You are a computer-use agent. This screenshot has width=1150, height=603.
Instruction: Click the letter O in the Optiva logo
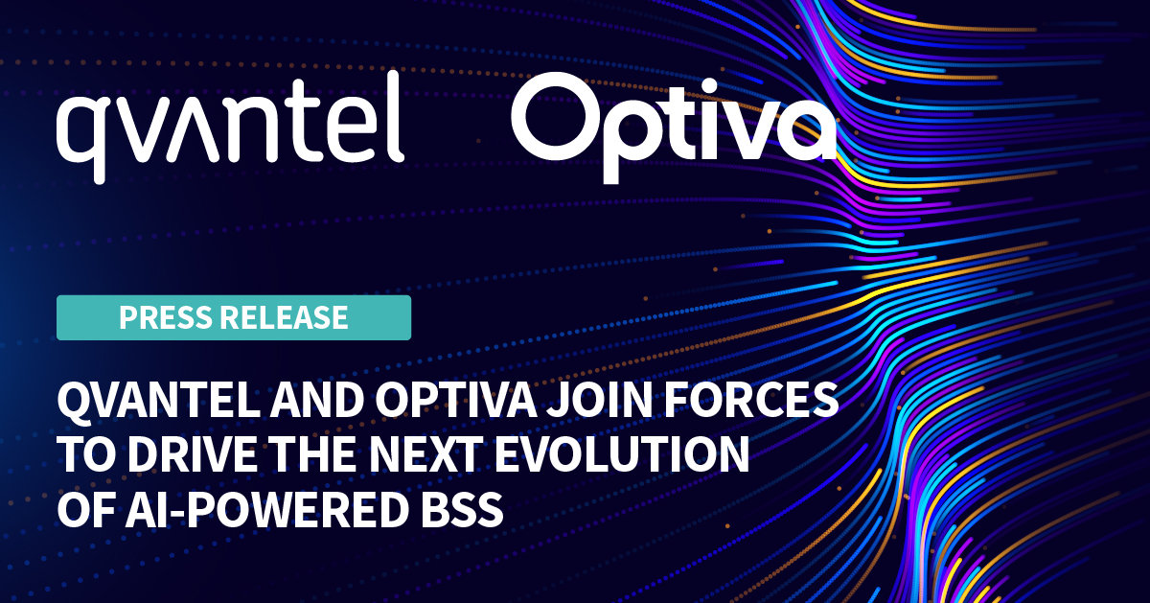pyautogui.click(x=555, y=121)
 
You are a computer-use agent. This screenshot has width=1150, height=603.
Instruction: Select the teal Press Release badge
pyautogui.click(x=234, y=317)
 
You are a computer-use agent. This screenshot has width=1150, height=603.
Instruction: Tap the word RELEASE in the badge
pyautogui.click(x=287, y=317)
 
